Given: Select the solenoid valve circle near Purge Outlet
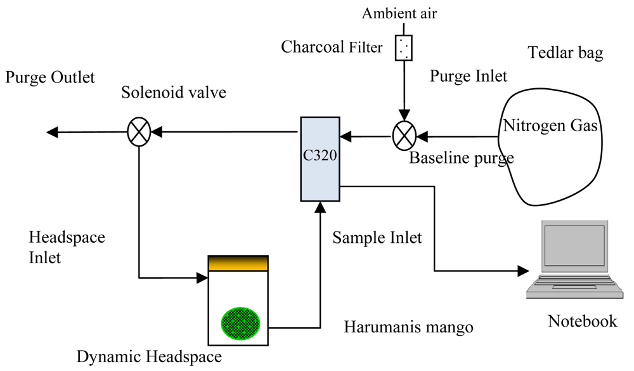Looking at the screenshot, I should pos(138,133).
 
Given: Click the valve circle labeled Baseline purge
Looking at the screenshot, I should pos(403,134).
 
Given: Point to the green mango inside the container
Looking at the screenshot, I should pos(240,321).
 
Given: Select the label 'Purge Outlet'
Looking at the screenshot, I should pos(50,77).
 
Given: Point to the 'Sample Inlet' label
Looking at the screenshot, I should pos(377,238).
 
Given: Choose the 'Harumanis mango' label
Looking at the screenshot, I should pos(408,327).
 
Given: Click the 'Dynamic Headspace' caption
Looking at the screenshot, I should pos(148,358).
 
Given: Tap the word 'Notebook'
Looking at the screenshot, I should pos(582,321).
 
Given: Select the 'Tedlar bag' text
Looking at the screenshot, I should pos(566,53).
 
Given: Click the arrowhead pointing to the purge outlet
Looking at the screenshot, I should pos(53,132).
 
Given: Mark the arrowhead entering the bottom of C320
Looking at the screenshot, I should pos(320,205).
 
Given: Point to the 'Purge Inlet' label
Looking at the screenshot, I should pos(469,76).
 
